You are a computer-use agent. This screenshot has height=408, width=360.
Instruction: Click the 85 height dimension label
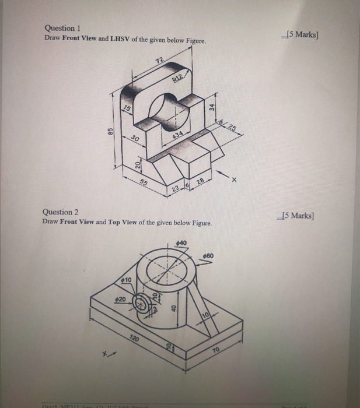[108, 132]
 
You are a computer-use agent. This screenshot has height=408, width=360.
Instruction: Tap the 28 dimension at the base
[200, 184]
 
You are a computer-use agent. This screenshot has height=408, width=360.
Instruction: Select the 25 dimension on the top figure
[233, 127]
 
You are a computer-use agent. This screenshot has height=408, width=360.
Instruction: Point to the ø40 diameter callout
[181, 242]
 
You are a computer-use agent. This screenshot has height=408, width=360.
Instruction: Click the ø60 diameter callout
[209, 255]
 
